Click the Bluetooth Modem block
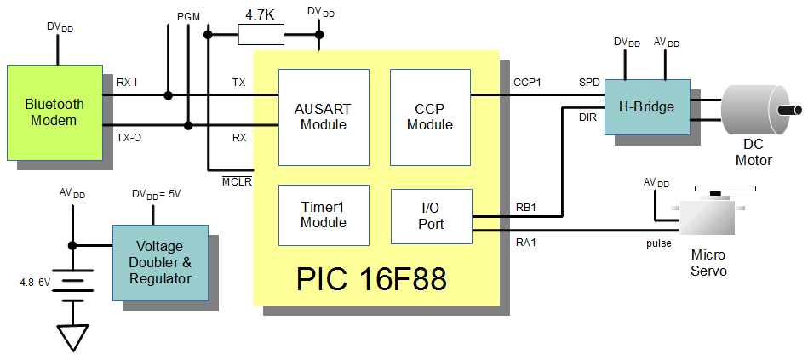point(54,112)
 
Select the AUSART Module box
point(324,117)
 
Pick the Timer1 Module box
point(324,215)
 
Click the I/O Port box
point(432,216)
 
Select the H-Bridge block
point(647,107)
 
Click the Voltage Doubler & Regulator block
point(160,263)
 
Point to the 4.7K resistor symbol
point(261,35)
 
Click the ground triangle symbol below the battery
point(72,338)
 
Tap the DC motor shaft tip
point(799,110)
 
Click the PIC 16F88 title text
point(371,278)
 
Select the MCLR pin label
point(237,181)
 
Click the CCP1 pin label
point(527,82)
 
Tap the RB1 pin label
point(526,209)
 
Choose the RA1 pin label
point(526,241)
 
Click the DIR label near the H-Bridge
point(588,118)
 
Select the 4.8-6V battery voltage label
point(36,283)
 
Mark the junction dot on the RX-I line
point(168,95)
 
